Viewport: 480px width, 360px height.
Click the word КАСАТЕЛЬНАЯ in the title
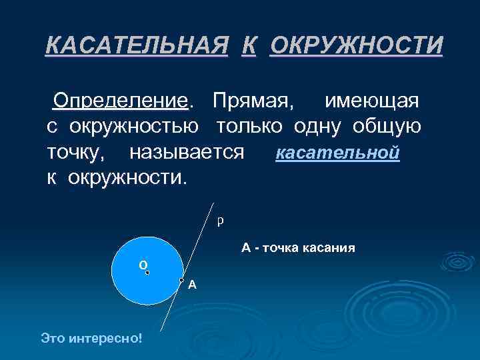coord(133,46)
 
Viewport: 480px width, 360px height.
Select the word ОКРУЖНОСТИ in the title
coord(356,46)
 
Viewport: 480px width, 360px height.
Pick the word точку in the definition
coord(75,153)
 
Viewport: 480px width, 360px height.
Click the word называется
coord(187,153)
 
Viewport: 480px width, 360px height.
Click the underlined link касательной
coord(337,153)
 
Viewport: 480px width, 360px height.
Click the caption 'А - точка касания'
coord(298,248)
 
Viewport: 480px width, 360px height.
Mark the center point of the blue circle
coord(147,272)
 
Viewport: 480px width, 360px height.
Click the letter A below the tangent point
coord(192,285)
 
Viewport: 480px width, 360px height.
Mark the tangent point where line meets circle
coord(181,279)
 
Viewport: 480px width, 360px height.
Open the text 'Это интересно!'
coord(91,339)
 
